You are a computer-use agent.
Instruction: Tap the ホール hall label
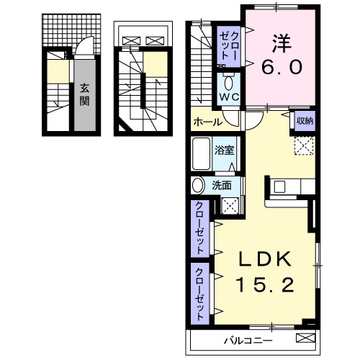(x=207, y=122)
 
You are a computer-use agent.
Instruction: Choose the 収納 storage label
(x=304, y=120)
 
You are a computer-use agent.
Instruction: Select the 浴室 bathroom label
(x=224, y=150)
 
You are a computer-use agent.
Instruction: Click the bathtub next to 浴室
(x=202, y=152)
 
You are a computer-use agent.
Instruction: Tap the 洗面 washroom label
(x=222, y=185)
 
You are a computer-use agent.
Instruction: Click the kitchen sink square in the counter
(x=279, y=187)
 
